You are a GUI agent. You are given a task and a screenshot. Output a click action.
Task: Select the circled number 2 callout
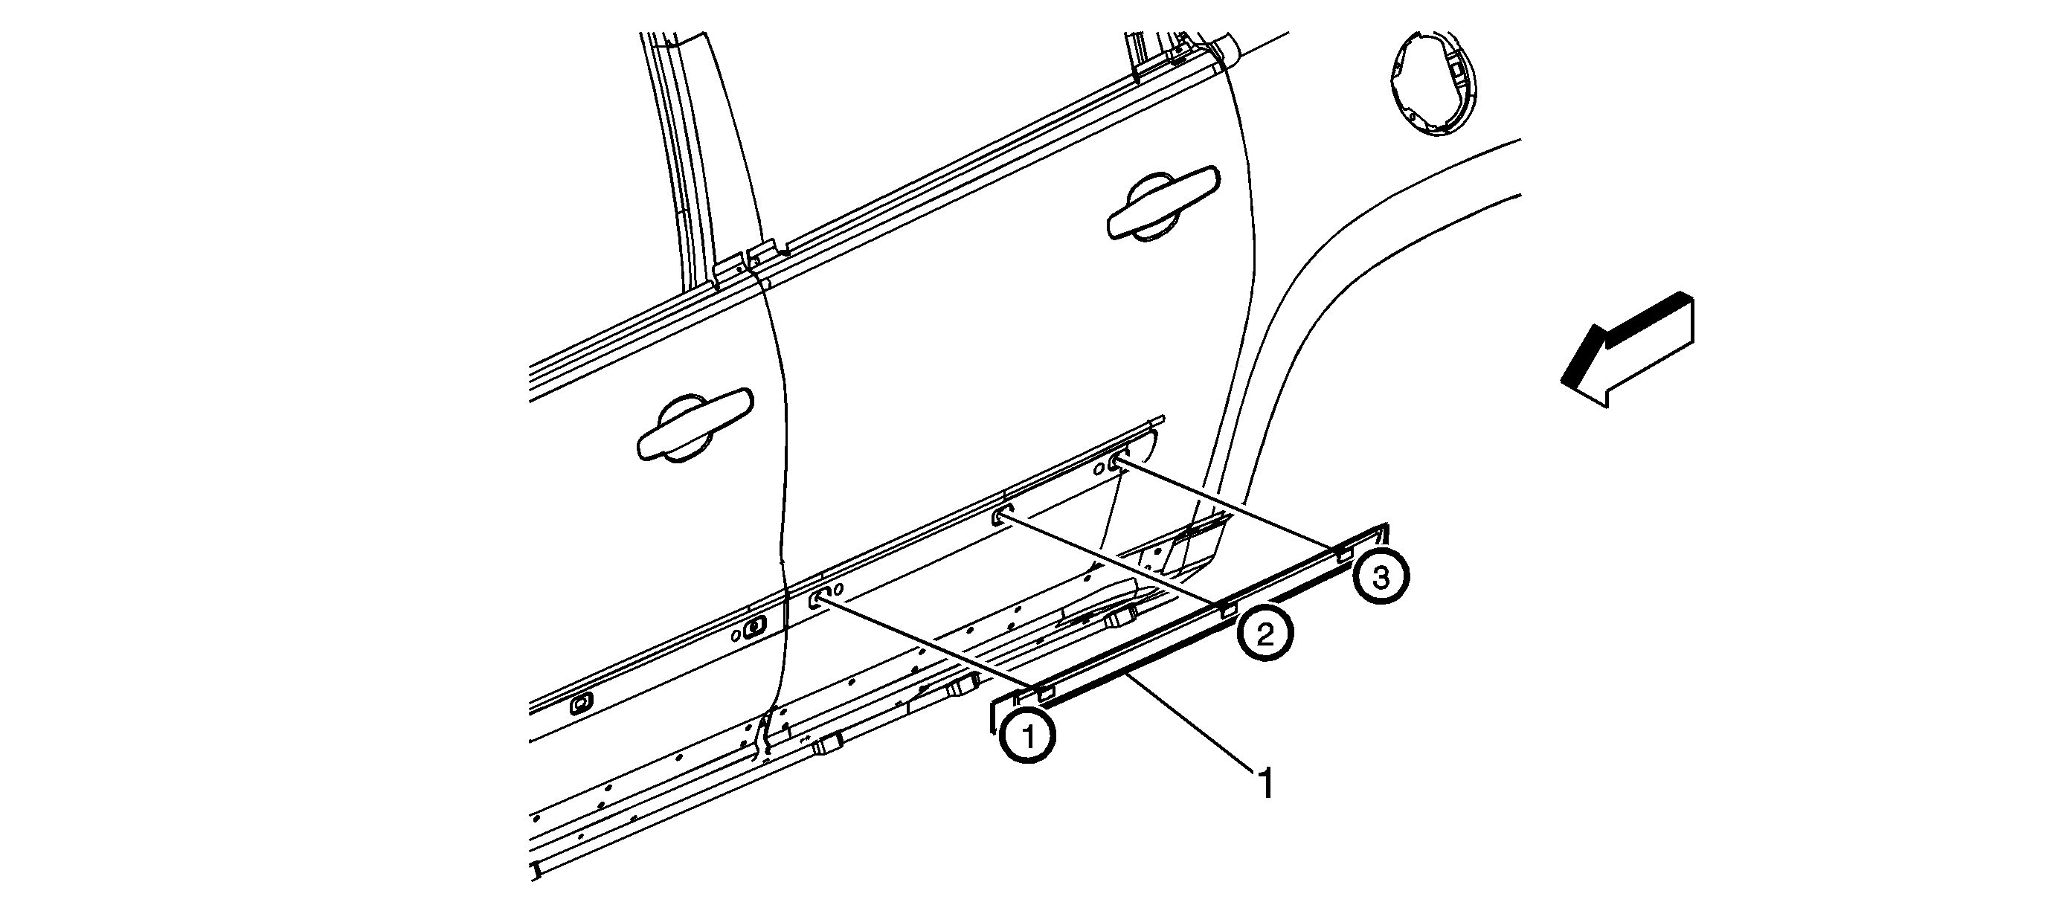(1265, 634)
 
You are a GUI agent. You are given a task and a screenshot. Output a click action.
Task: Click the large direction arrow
(1628, 350)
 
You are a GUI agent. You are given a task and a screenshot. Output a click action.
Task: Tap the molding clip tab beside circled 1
(1046, 692)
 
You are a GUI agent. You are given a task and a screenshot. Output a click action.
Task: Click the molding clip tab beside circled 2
(1229, 609)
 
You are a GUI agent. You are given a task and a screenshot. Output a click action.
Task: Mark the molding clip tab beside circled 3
(1344, 555)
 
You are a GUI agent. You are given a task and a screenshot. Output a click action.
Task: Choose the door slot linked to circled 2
(1001, 518)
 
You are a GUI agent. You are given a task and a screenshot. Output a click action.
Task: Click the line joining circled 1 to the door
(927, 644)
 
